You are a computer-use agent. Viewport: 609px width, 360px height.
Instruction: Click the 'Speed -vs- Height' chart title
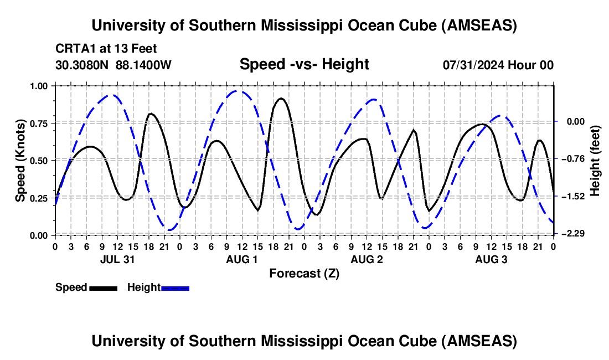[x=304, y=65]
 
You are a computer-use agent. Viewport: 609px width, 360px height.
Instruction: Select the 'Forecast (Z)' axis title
[x=304, y=273]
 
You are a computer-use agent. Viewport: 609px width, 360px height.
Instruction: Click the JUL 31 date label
[x=117, y=259]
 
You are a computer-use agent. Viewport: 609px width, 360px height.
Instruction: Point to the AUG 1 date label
[x=242, y=259]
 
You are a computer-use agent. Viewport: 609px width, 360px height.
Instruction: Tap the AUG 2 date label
[x=367, y=259]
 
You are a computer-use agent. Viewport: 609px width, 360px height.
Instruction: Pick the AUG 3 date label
[x=491, y=259]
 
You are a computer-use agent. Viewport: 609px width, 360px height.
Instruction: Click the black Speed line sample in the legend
[x=103, y=287]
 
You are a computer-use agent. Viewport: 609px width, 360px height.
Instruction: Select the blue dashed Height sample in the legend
[x=175, y=287]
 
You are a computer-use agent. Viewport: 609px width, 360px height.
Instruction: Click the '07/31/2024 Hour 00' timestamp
[x=498, y=65]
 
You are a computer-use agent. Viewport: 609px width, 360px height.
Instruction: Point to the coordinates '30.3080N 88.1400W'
[x=113, y=65]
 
